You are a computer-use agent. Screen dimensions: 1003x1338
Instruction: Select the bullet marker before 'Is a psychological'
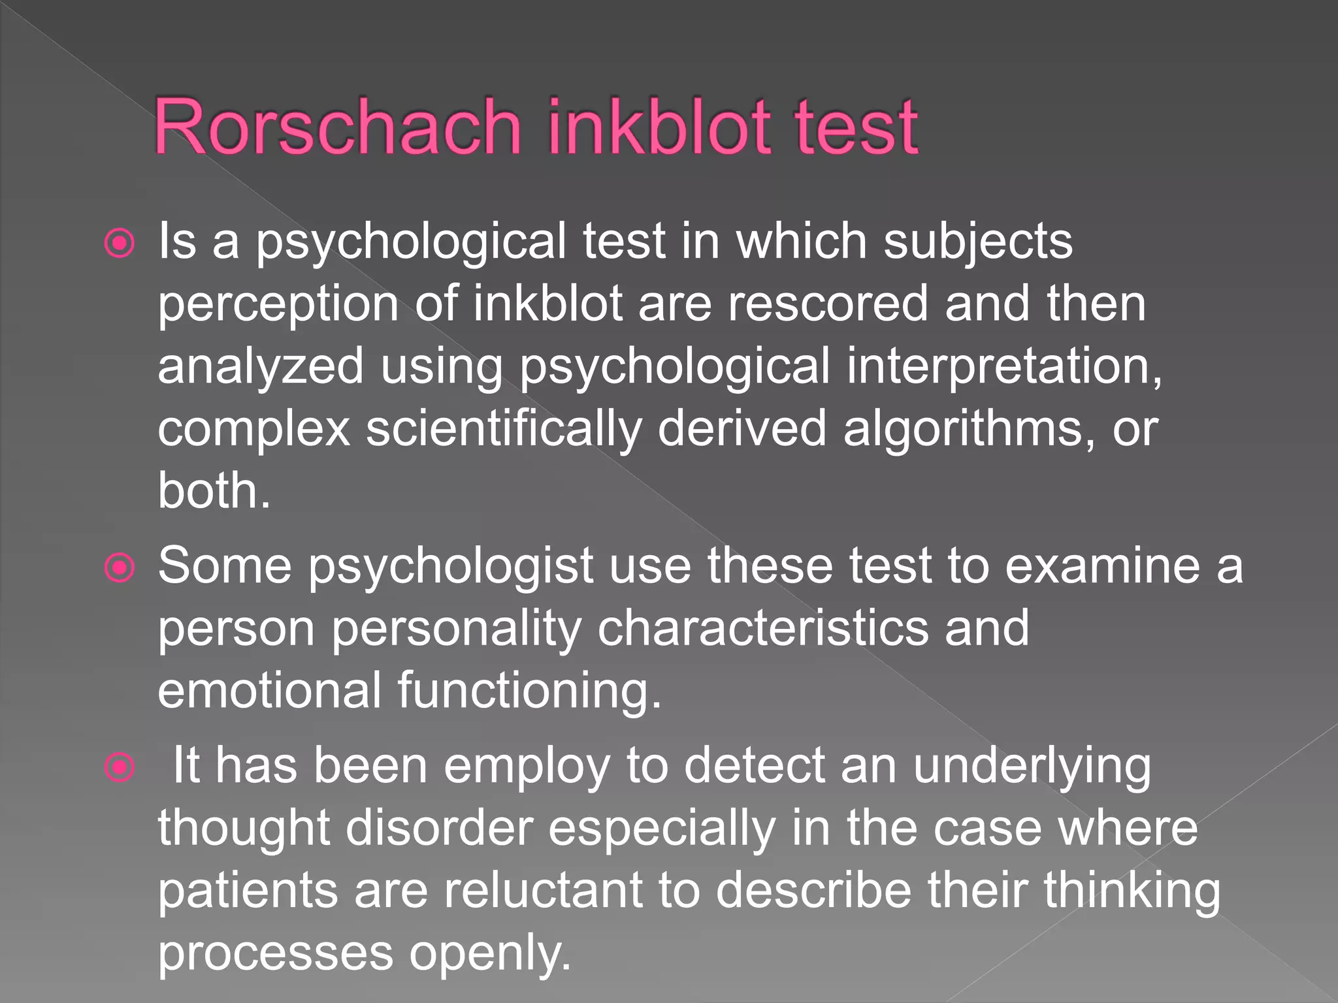pyautogui.click(x=120, y=244)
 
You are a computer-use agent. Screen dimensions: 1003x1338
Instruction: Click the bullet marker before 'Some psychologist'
pyautogui.click(x=120, y=567)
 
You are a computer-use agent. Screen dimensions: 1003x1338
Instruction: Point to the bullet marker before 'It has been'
pyautogui.click(x=120, y=767)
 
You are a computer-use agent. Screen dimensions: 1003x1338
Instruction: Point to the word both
pyautogui.click(x=213, y=490)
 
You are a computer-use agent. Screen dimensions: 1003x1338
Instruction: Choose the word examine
pyautogui.click(x=1101, y=565)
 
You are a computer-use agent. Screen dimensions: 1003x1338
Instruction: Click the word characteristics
pyautogui.click(x=762, y=628)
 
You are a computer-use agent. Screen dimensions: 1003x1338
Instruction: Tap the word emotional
pyautogui.click(x=269, y=690)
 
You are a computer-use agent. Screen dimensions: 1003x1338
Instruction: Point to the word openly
pyautogui.click(x=490, y=953)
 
